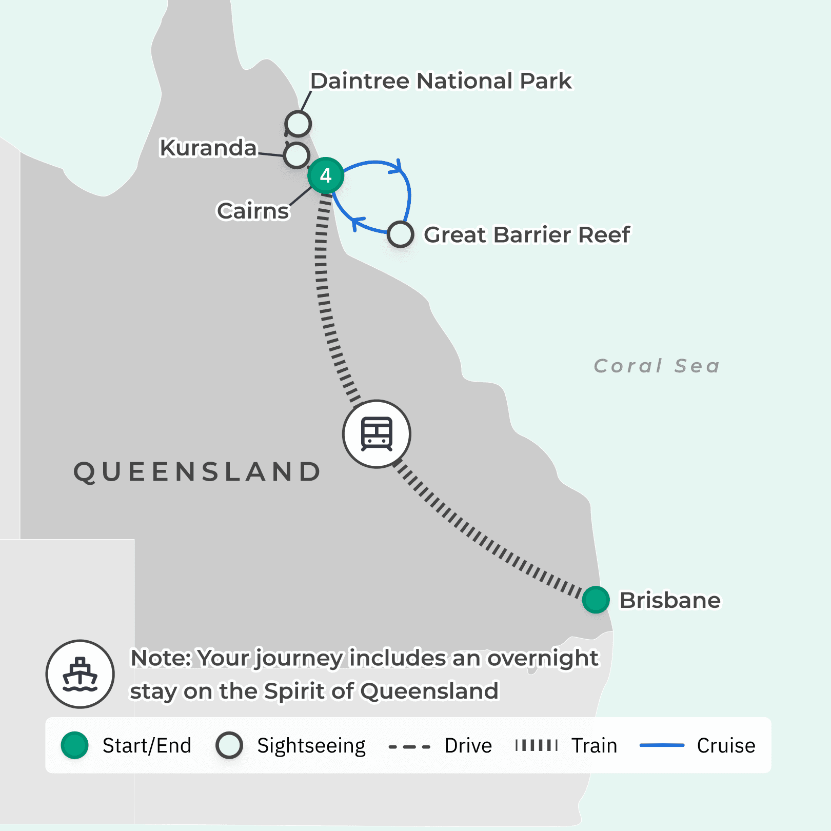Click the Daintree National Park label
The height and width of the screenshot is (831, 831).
[441, 81]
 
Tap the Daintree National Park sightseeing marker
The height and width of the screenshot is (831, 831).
[298, 124]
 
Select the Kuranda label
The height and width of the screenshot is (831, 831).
[208, 148]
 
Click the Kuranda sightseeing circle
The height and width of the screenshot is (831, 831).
[296, 155]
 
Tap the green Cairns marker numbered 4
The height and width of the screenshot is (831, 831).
[326, 175]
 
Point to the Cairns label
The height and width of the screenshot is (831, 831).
[253, 211]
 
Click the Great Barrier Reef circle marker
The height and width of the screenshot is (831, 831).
[400, 234]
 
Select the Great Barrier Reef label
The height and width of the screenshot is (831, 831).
[527, 235]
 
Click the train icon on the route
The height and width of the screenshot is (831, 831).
[377, 434]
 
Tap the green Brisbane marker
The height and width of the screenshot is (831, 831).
[596, 600]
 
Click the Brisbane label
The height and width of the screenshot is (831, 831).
[670, 600]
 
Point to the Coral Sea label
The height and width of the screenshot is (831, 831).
[657, 366]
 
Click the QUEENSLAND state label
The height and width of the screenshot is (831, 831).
[197, 472]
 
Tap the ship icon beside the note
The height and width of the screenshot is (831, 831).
[80, 674]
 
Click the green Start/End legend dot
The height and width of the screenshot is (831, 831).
[75, 745]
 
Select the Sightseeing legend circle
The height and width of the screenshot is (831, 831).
[229, 745]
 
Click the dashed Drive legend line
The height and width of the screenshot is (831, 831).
[409, 746]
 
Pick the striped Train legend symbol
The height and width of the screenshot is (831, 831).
[537, 745]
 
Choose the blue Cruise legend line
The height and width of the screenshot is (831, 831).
[662, 745]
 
